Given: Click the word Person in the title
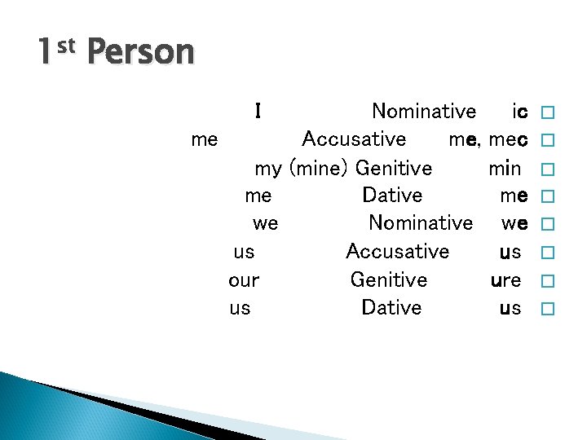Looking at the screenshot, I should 140,54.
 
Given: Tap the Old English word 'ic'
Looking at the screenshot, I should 519,111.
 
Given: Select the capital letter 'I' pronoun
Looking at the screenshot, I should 258,111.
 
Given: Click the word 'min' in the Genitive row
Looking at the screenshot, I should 505,168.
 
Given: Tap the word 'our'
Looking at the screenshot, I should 244,280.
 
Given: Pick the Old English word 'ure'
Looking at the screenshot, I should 505,280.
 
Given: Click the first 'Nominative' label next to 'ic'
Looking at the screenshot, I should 424,111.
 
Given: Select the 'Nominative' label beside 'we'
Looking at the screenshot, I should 421,222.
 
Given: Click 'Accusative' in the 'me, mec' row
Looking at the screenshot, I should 354,139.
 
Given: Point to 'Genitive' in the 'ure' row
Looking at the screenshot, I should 389,280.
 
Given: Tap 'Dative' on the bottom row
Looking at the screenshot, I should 391,308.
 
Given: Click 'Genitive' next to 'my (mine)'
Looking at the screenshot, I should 394,168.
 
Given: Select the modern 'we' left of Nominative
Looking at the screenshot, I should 265,223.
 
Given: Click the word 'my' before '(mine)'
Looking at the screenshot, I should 268,169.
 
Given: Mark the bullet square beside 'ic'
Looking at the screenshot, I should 547,112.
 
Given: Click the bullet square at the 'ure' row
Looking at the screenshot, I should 547,280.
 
